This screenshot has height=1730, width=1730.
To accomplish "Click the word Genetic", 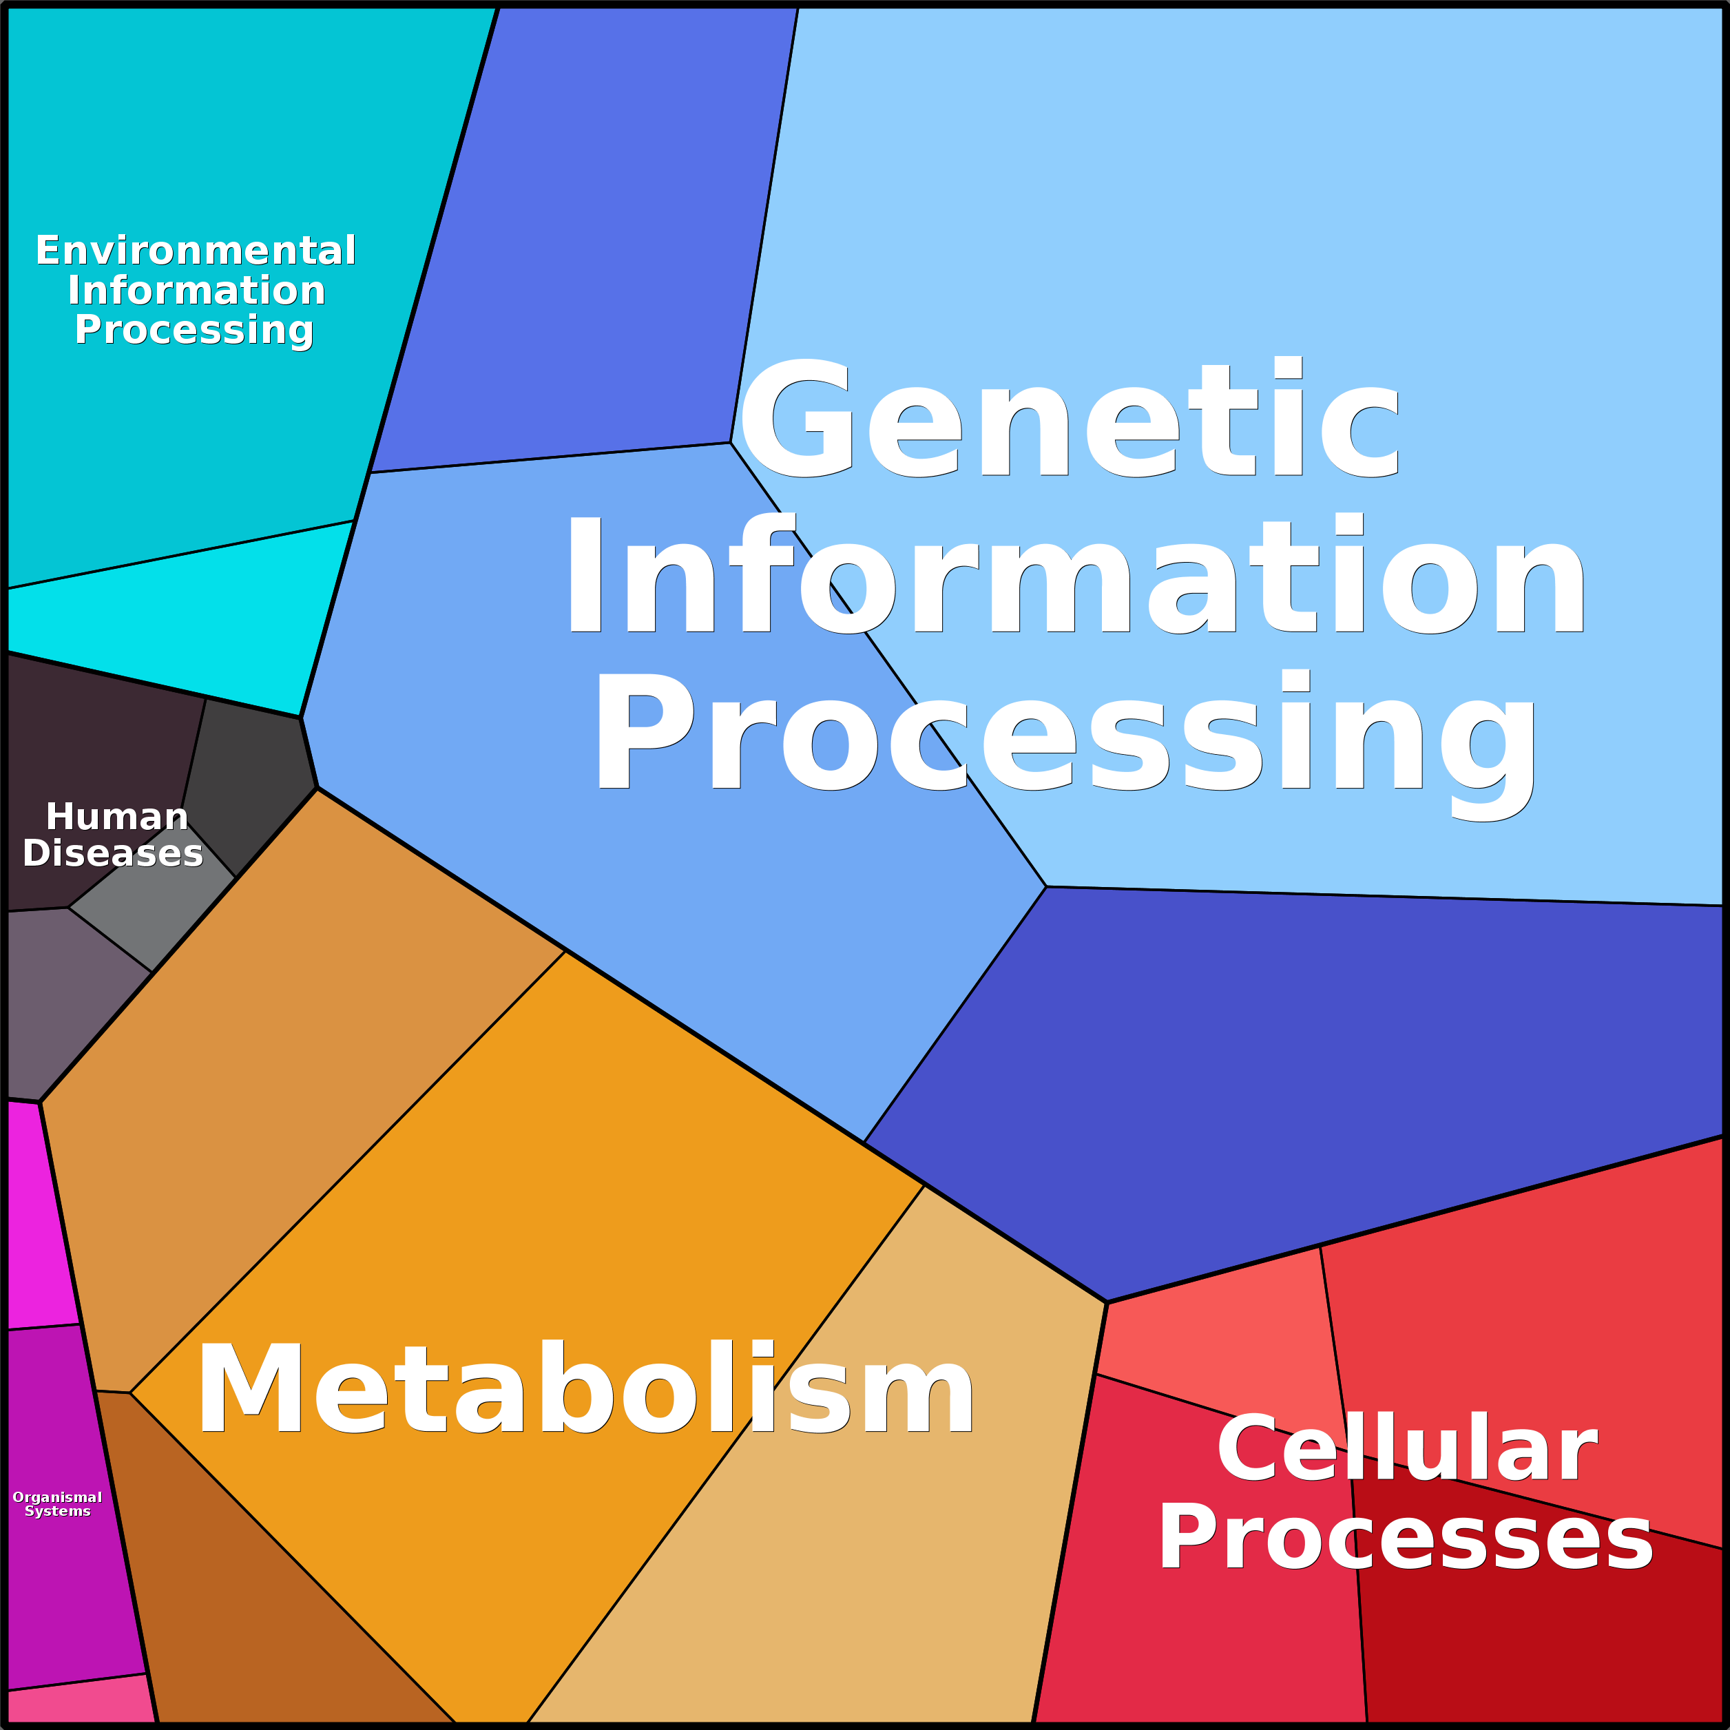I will (1070, 418).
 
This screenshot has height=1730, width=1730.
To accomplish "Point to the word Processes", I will (1406, 1539).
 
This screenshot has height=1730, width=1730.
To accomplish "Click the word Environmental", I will (195, 251).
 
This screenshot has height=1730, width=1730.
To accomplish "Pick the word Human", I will (116, 817).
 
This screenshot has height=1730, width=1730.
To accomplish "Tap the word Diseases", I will (113, 853).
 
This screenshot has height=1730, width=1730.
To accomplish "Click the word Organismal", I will (57, 1497).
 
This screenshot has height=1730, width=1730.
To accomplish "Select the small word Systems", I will (57, 1512).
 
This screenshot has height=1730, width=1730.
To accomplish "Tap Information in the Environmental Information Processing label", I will (196, 291).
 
